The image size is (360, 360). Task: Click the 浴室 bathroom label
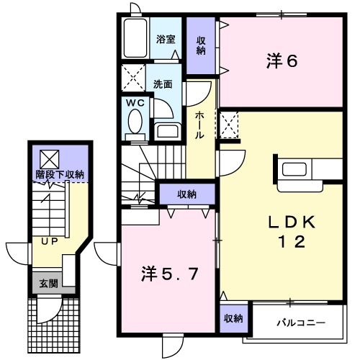point(166,40)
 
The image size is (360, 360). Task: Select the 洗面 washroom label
point(163,84)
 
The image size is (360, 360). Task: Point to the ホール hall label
point(200,125)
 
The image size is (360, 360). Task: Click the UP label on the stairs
point(49,240)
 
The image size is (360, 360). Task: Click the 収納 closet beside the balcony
point(232,318)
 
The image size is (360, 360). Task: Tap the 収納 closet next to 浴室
point(202,45)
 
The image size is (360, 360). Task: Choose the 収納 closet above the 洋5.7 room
point(186,193)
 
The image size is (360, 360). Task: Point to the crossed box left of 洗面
point(132,76)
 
